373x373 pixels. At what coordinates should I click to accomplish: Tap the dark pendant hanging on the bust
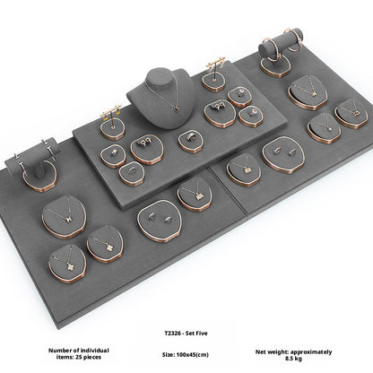pyautogui.click(x=177, y=108)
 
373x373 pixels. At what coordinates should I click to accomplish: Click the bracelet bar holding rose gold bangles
pyautogui.click(x=281, y=44)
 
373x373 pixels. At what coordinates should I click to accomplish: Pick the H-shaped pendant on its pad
pyautogui.click(x=69, y=219)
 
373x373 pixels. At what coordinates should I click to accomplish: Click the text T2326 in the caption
pyautogui.click(x=173, y=334)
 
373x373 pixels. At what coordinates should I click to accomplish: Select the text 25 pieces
pyautogui.click(x=88, y=357)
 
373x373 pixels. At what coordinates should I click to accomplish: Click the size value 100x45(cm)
pyautogui.click(x=193, y=355)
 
